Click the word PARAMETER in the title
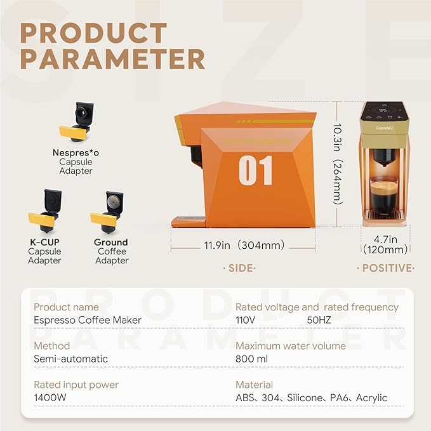pyautogui.click(x=112, y=58)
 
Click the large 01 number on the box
pyautogui.click(x=256, y=169)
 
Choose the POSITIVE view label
pyautogui.click(x=386, y=269)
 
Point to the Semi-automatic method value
pyautogui.click(x=70, y=359)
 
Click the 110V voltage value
pyautogui.click(x=245, y=320)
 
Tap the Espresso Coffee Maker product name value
pyautogui.click(x=88, y=320)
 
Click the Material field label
pyautogui.click(x=254, y=385)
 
